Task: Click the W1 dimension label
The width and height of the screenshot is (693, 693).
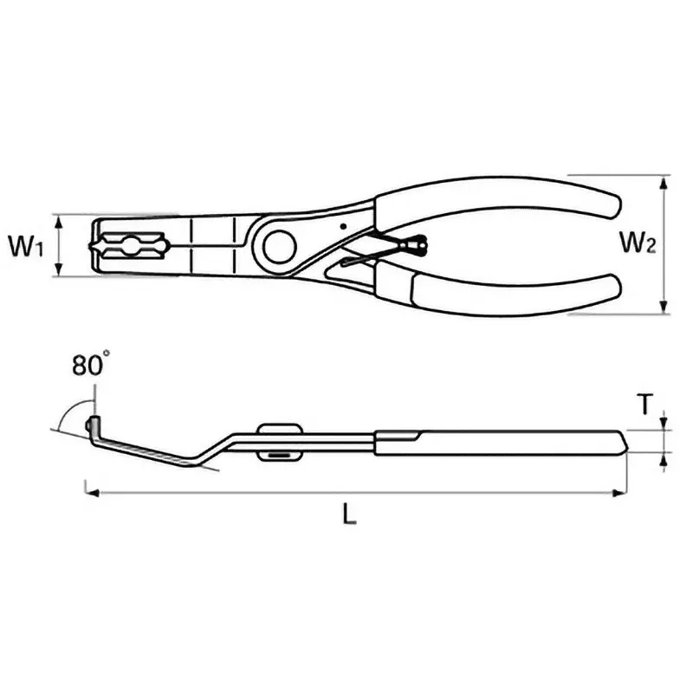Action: tap(26, 246)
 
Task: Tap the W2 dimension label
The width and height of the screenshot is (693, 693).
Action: tap(637, 245)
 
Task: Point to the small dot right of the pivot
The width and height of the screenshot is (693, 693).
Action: tap(343, 227)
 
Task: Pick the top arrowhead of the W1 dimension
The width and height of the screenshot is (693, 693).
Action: tap(60, 220)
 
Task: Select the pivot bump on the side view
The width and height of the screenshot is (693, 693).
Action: tap(279, 430)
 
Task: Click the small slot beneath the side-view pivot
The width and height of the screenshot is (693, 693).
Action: tap(279, 454)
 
